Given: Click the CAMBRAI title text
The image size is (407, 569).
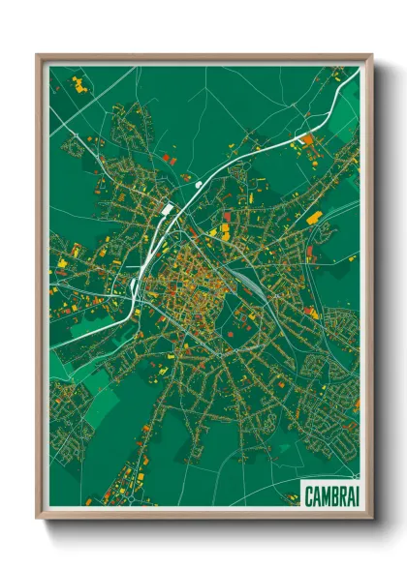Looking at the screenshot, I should point(329,495).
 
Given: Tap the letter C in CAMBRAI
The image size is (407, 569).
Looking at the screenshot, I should point(309,495).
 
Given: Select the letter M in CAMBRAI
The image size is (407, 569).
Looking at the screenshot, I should point(324,495).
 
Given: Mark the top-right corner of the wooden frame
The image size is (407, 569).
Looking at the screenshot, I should point(371,56).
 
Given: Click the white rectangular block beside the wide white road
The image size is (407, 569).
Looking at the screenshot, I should point(167,207).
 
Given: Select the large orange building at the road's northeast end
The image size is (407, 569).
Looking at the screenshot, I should point(307,139).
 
